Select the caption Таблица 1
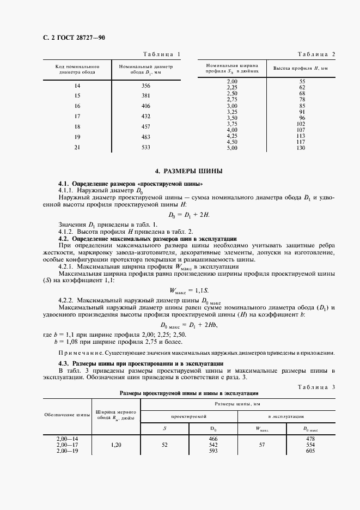161,53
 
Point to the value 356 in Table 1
145,86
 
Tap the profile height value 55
302,82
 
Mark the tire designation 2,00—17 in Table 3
68,445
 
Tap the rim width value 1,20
115,445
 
